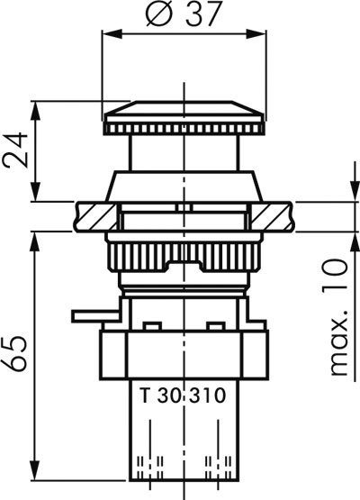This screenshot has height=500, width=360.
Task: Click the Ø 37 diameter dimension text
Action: [x=183, y=14]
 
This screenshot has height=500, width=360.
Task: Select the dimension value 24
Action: [x=15, y=150]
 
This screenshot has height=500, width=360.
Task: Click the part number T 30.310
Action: [x=183, y=395]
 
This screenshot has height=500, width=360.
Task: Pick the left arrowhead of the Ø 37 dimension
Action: [x=112, y=33]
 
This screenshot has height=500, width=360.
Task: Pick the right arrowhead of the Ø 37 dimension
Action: [x=256, y=33]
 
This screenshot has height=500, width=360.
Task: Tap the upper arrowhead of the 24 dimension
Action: [x=35, y=112]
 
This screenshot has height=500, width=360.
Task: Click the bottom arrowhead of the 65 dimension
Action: [x=35, y=470]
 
